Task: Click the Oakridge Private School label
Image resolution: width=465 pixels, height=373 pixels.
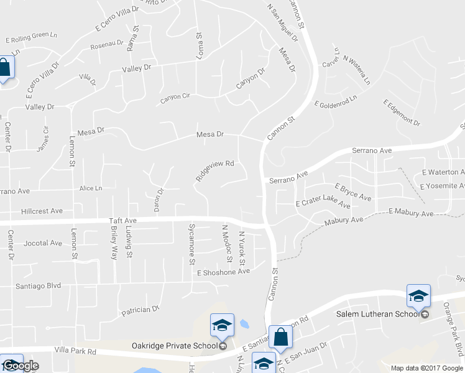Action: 173,346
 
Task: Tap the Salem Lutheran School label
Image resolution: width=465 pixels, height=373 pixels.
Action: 378,315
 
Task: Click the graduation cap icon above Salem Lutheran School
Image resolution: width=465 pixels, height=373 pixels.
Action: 418,296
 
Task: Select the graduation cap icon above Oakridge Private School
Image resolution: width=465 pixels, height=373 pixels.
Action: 222,325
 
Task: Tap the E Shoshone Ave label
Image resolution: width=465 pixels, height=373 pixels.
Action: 223,272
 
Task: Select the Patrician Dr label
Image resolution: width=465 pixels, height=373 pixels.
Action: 141,309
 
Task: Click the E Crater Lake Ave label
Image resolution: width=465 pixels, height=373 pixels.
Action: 323,203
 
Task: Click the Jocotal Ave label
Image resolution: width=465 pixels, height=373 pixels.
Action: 43,243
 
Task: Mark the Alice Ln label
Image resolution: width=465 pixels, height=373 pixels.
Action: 91,188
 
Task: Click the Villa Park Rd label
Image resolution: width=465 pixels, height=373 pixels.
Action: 76,351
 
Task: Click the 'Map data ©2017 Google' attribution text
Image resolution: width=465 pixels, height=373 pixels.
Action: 427,368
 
